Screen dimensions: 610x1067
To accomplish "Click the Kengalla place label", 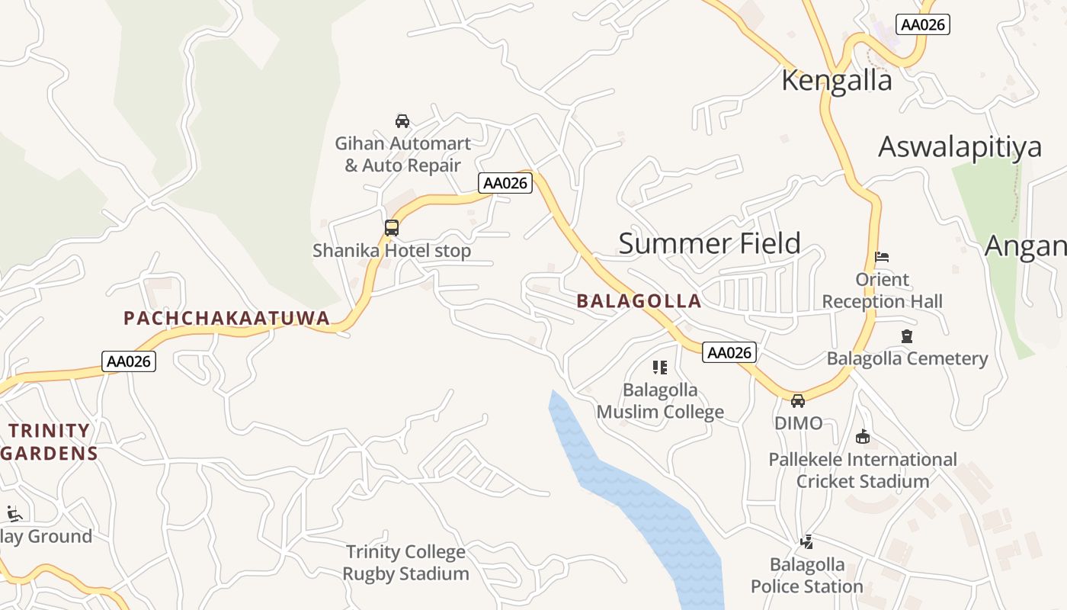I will pyautogui.click(x=836, y=80).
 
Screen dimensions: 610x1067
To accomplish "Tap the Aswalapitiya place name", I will pyautogui.click(x=960, y=146).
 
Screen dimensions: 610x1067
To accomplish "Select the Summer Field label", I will pyautogui.click(x=709, y=243).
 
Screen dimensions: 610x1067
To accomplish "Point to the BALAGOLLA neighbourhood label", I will pyautogui.click(x=639, y=300).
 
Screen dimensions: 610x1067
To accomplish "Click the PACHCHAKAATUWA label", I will pyautogui.click(x=226, y=318).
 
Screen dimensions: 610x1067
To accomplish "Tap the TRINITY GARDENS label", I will pyautogui.click(x=50, y=442).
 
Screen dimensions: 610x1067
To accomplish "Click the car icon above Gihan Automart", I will pyautogui.click(x=402, y=120).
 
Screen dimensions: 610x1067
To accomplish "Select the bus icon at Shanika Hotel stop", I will pyautogui.click(x=392, y=227).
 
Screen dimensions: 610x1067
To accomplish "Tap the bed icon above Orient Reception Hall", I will pyautogui.click(x=882, y=257).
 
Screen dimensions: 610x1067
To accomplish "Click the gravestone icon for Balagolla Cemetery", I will pyautogui.click(x=906, y=336).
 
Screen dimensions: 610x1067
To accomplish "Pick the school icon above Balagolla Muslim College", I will pyautogui.click(x=660, y=368).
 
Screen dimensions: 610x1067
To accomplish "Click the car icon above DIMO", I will pyautogui.click(x=798, y=401).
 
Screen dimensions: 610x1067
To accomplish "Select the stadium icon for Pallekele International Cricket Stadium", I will pyautogui.click(x=863, y=437).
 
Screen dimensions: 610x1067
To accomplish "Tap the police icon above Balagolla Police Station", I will pyautogui.click(x=806, y=542).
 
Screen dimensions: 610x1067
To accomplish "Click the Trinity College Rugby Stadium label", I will pyautogui.click(x=405, y=563).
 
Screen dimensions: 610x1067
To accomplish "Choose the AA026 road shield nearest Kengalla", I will pyautogui.click(x=922, y=24).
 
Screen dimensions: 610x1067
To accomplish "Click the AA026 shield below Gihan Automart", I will pyautogui.click(x=505, y=183).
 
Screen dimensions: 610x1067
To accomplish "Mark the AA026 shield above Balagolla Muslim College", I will pyautogui.click(x=729, y=352).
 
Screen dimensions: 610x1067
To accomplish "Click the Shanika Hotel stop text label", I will pyautogui.click(x=392, y=250).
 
